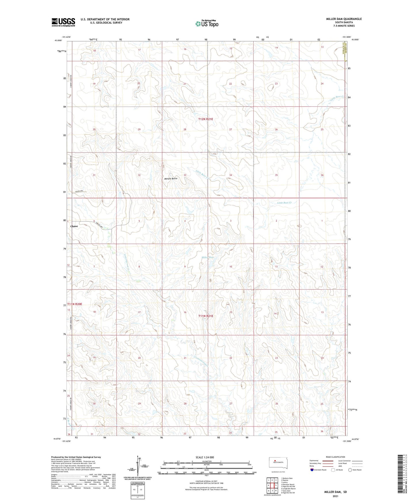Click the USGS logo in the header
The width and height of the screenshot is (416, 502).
tap(63, 22)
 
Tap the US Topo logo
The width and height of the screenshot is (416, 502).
tap(206, 24)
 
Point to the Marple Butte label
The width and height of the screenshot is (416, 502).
tap(171, 179)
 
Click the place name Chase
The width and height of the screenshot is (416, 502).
tap(74, 226)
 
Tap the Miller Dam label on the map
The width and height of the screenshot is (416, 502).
tap(208, 257)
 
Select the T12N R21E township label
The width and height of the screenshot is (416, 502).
tap(206, 119)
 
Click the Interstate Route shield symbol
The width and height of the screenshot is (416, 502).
tap(312, 470)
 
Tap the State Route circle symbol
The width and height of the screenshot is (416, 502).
tap(350, 470)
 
